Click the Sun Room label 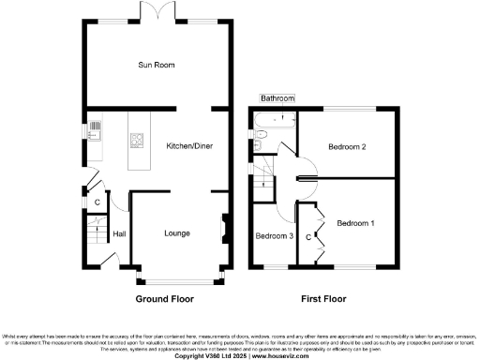(157, 65)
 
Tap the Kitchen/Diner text (188, 146)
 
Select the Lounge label (178, 232)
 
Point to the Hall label (120, 234)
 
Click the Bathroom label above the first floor (277, 97)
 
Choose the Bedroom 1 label (355, 223)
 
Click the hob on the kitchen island (138, 142)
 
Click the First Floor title (323, 300)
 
